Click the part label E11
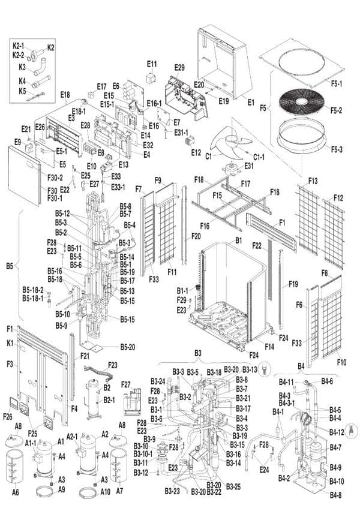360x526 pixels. coord(152,64)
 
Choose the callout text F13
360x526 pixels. coord(313,181)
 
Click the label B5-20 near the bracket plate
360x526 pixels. coord(127,347)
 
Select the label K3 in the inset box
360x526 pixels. coord(22,67)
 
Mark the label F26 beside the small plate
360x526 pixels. coord(8,416)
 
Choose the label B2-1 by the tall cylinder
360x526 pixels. coord(109,399)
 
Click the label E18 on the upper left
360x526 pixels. coord(65,95)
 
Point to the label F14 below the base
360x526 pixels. coord(269,347)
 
